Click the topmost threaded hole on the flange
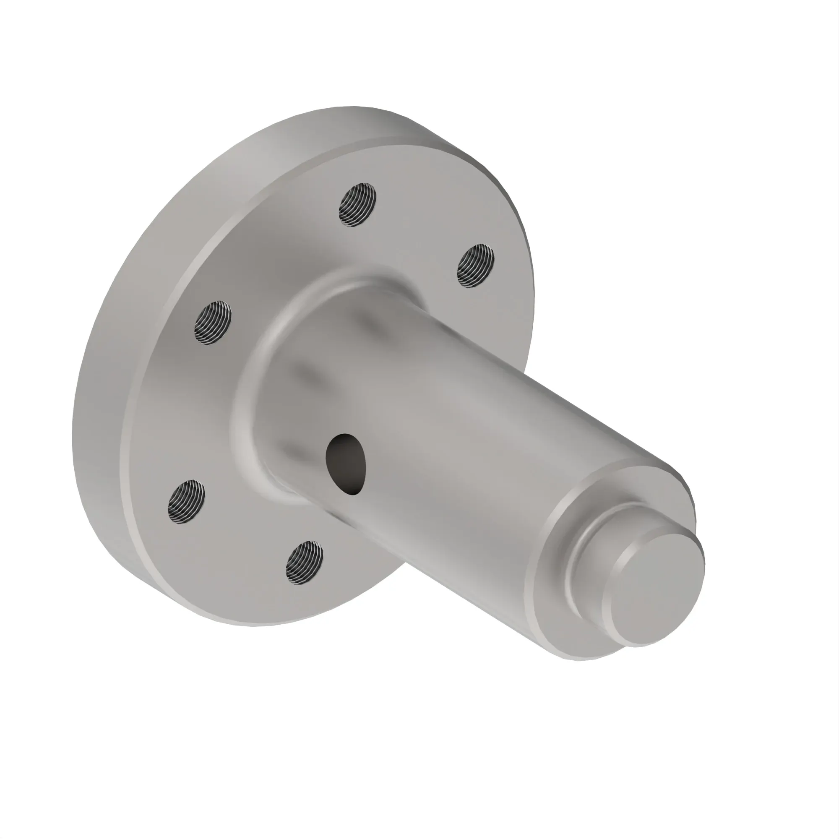click(357, 205)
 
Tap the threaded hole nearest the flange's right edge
click(476, 266)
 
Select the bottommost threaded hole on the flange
click(305, 563)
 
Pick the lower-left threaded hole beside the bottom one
click(186, 502)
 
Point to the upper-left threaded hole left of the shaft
click(213, 322)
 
